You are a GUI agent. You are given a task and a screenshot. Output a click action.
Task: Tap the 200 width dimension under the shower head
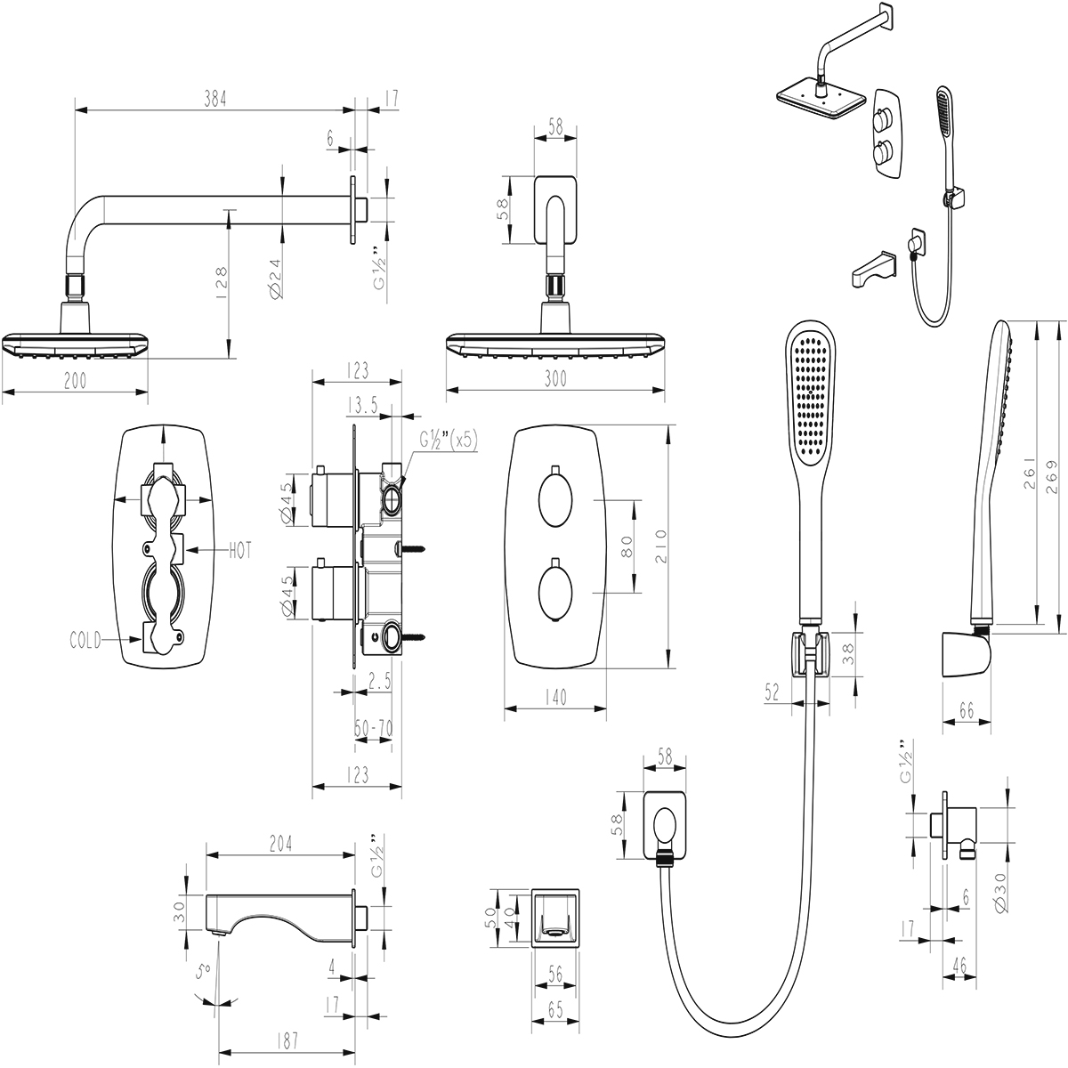coord(76,381)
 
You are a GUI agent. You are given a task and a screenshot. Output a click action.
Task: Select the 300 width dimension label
coord(554,379)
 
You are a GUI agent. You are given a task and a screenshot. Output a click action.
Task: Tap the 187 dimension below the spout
coord(286,1040)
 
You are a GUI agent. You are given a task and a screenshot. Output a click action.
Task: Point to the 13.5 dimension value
coord(363,406)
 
